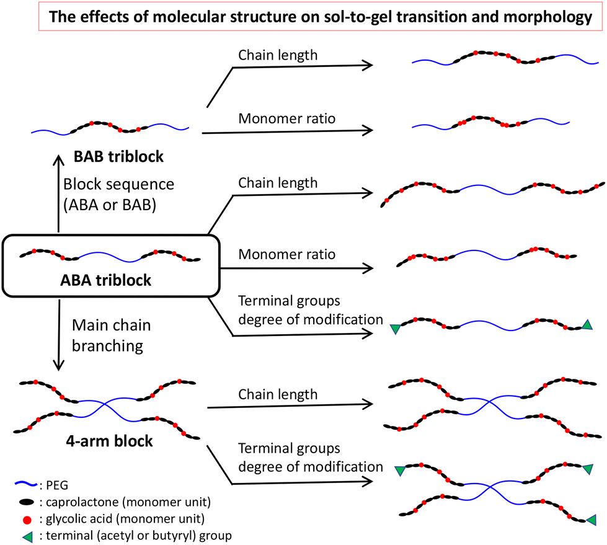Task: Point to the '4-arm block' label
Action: point(110,443)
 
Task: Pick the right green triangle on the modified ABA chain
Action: point(587,324)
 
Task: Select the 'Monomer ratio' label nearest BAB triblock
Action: point(286,118)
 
